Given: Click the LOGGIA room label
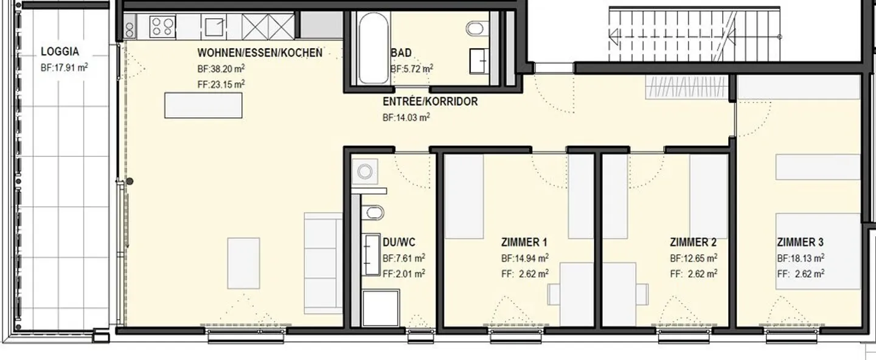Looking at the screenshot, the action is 60,52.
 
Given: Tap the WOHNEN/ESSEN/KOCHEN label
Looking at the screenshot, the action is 260,53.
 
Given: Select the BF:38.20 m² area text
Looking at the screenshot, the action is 221,69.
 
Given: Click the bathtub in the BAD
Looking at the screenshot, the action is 374,47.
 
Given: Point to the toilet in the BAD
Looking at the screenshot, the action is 474,28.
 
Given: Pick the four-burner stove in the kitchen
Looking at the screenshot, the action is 162,27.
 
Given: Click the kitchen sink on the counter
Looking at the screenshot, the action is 214,27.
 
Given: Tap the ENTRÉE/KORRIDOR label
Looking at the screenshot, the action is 430,102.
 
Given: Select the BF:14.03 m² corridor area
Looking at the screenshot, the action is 406,117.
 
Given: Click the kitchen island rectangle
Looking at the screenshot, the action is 203,105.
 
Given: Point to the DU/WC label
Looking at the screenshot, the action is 399,243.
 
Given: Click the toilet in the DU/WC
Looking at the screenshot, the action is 373,213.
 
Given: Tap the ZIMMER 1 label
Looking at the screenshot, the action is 524,243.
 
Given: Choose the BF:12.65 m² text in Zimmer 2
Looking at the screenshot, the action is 693,258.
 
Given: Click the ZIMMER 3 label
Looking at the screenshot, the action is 800,243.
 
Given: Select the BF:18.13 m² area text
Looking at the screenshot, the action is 801,258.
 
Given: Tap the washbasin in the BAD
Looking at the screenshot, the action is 479,61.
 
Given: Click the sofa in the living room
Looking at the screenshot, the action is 324,263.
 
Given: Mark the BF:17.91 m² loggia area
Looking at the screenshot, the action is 64,67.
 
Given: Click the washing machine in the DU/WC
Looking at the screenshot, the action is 365,171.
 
